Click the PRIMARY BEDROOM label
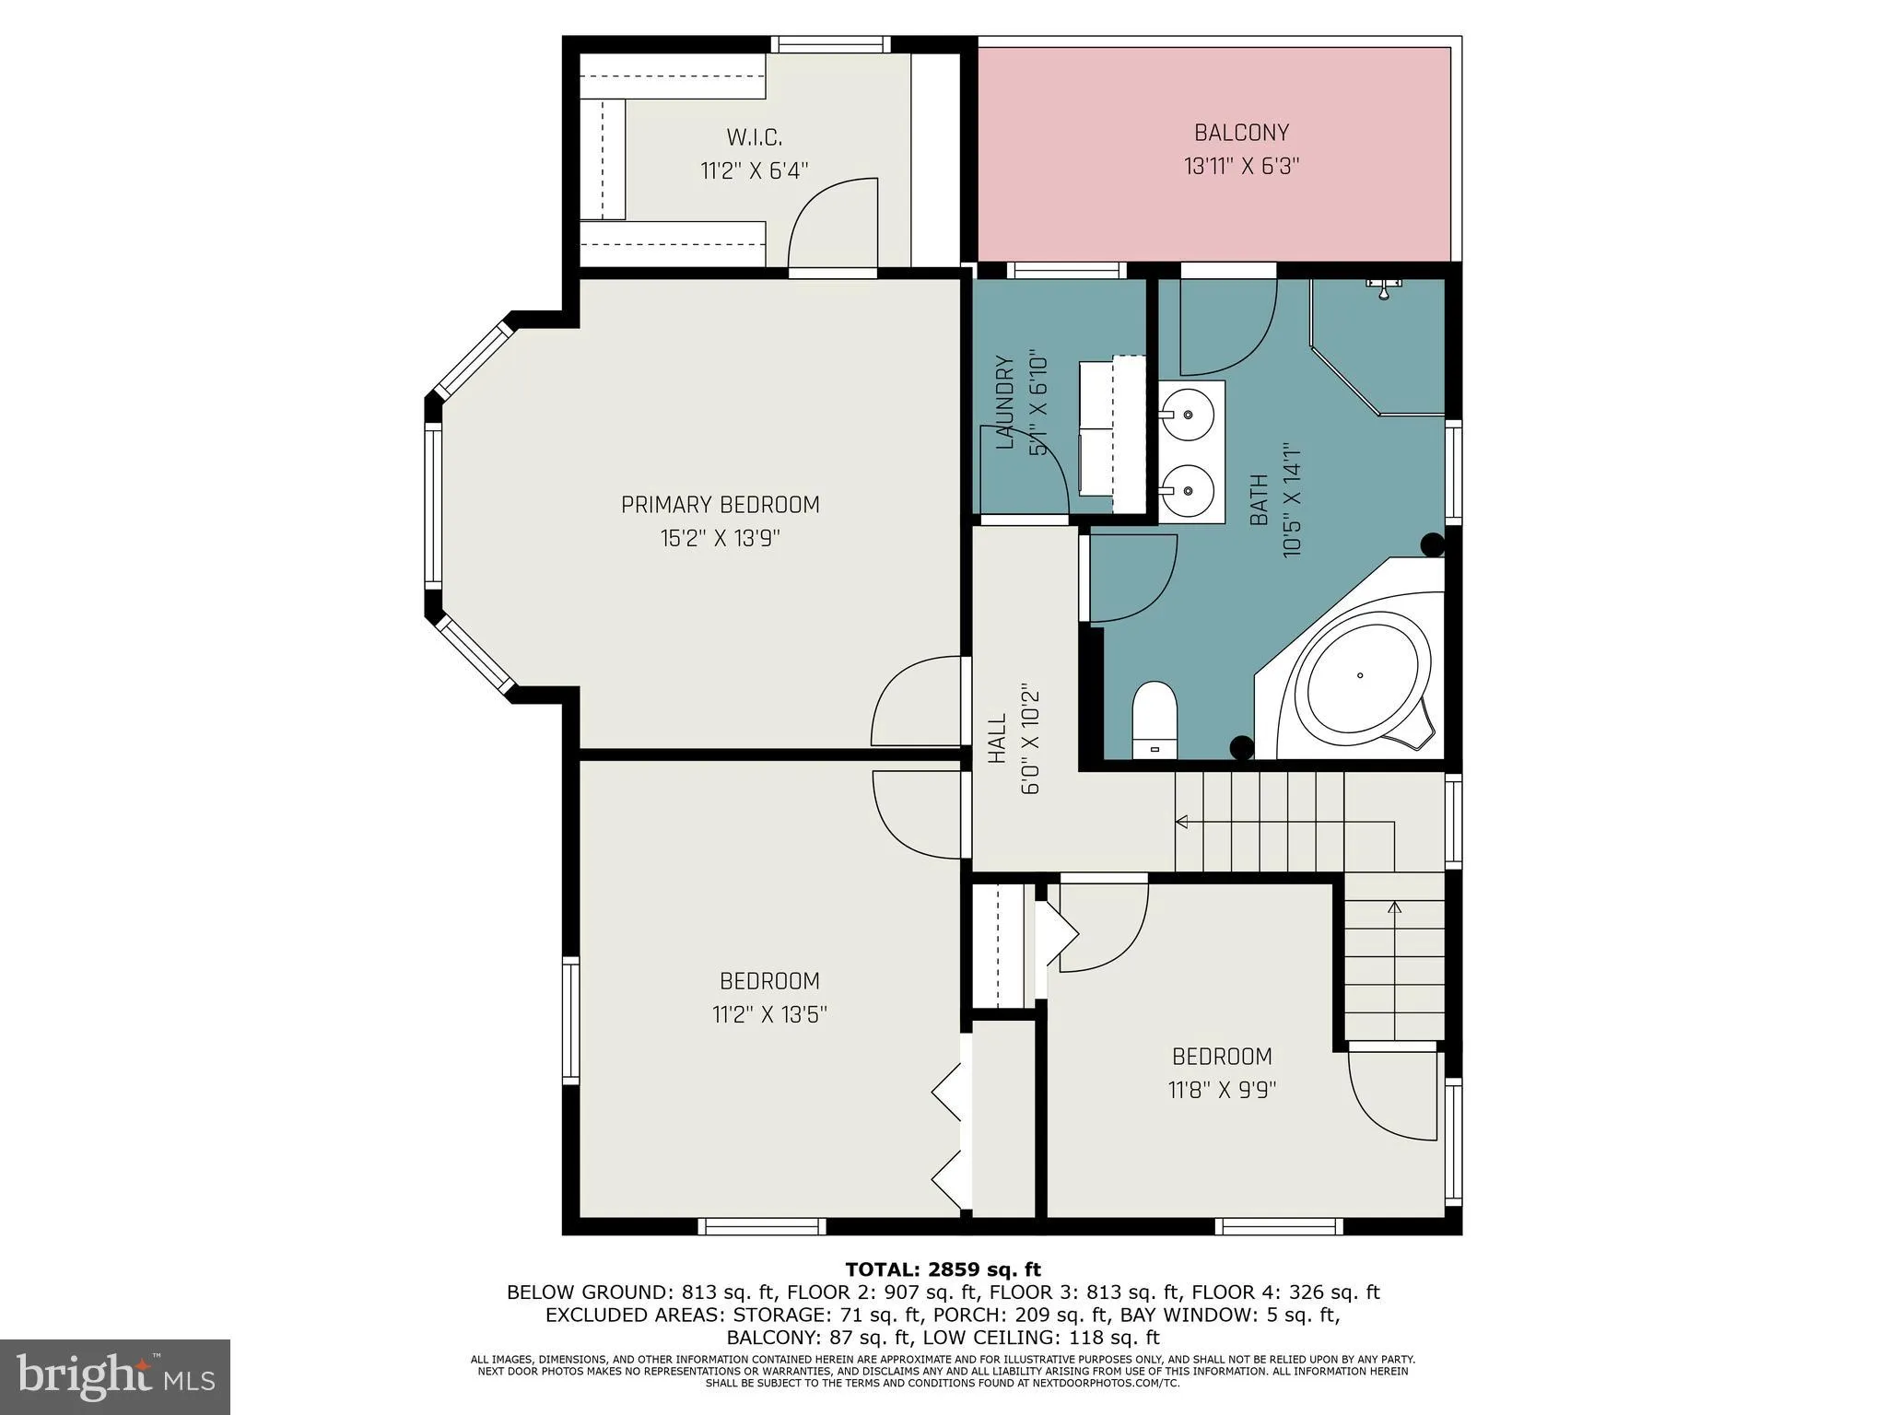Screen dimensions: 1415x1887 click(720, 505)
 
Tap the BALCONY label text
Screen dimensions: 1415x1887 click(1241, 133)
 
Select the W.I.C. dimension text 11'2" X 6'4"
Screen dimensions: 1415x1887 click(754, 170)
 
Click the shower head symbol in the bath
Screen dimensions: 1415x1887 click(1384, 287)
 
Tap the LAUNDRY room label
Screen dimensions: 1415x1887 click(1005, 403)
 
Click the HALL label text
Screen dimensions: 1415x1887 click(997, 740)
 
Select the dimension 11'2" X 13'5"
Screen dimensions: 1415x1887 click(769, 1015)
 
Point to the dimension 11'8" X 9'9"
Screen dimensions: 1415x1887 click(1222, 1091)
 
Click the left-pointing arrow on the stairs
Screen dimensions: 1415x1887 click(1182, 822)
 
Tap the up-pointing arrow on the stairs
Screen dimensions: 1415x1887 click(1394, 908)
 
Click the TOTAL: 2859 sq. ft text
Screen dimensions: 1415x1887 click(943, 1269)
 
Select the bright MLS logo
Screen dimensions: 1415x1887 click(114, 1375)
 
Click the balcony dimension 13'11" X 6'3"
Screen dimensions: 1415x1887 click(1241, 167)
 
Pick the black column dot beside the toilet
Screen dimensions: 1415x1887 click(1241, 747)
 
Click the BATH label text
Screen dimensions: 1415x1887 click(1259, 500)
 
